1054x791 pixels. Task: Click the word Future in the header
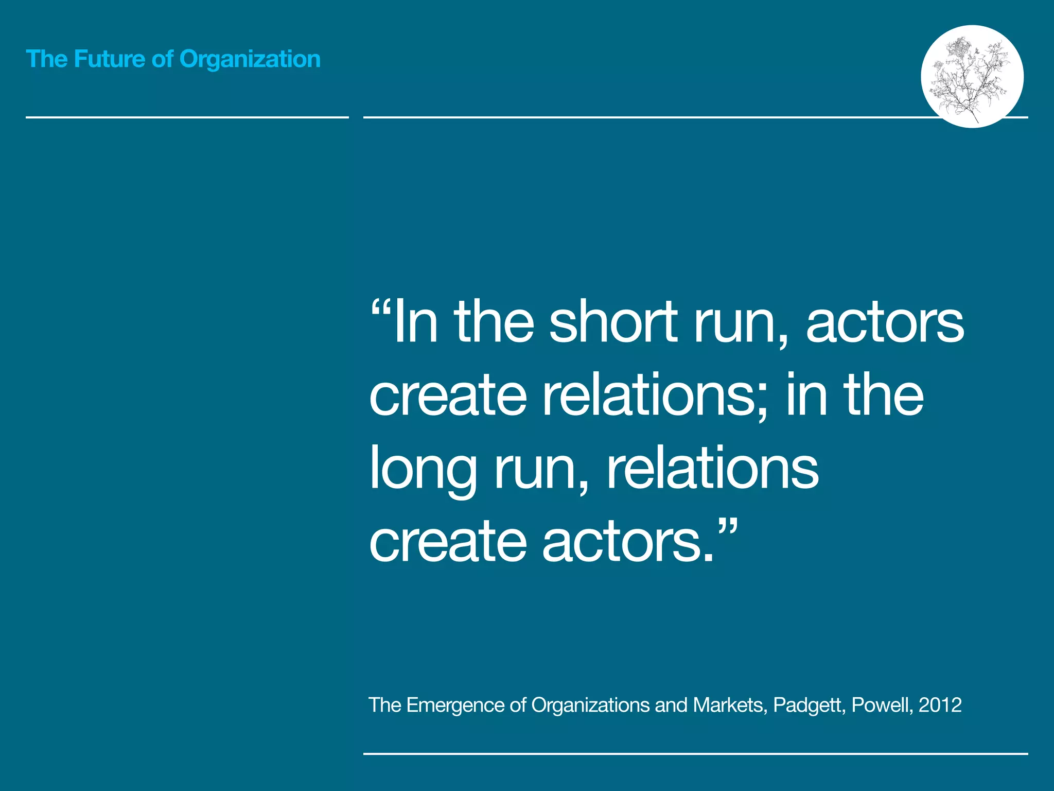[x=109, y=59]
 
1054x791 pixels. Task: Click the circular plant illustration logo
[x=972, y=76]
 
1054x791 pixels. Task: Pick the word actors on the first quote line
[x=885, y=323]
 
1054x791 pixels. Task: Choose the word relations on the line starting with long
[x=712, y=469]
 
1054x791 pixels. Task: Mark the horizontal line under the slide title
[x=187, y=117]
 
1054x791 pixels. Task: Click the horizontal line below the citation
[x=695, y=754]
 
